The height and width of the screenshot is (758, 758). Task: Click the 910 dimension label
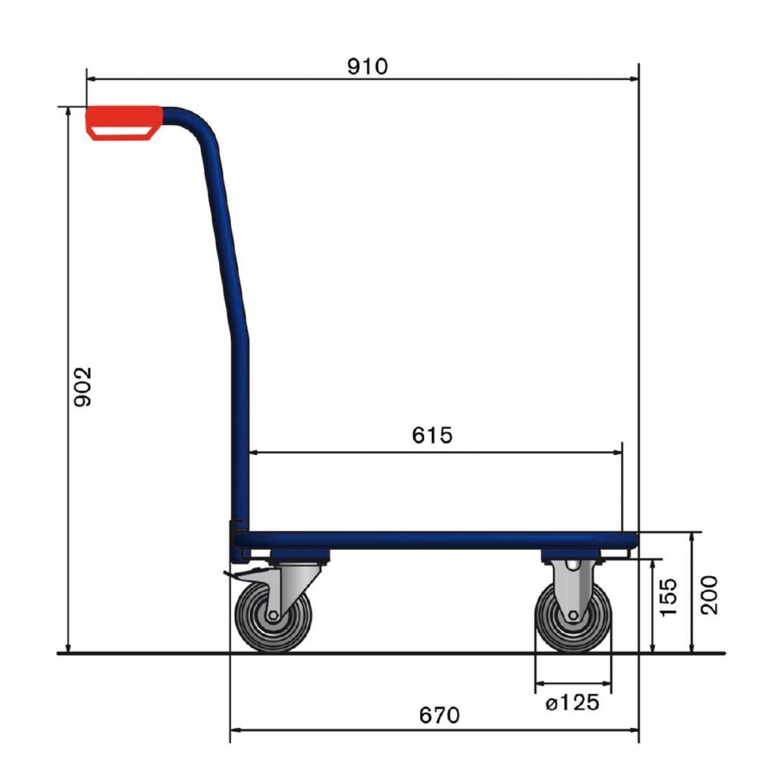click(x=367, y=67)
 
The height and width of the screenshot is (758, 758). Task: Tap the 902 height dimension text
click(x=82, y=387)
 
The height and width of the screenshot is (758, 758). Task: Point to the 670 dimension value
click(x=439, y=715)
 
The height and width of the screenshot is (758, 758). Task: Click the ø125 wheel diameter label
click(x=572, y=703)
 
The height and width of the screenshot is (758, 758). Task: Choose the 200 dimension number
click(x=708, y=594)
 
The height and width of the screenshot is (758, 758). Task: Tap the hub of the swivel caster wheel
click(x=273, y=618)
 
